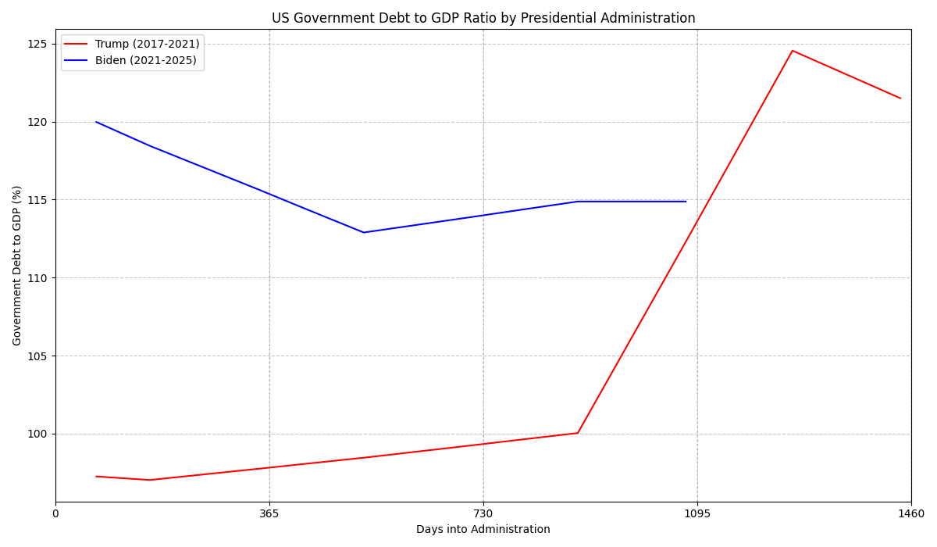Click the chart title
point(483,18)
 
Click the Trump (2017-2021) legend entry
point(147,44)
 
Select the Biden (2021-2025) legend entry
point(145,60)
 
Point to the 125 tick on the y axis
point(37,44)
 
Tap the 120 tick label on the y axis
point(37,122)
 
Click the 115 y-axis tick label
point(37,200)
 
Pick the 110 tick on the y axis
point(37,278)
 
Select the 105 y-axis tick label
point(37,356)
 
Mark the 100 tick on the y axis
point(37,434)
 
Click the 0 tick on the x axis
point(55,513)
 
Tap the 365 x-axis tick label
point(269,513)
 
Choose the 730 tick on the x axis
point(483,513)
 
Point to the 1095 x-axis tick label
point(697,513)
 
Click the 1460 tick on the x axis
point(911,513)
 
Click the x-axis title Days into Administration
point(483,530)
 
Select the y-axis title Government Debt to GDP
point(17,266)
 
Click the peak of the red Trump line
point(793,51)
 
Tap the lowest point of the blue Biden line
point(363,232)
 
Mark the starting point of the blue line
point(96,122)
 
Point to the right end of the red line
point(900,98)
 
